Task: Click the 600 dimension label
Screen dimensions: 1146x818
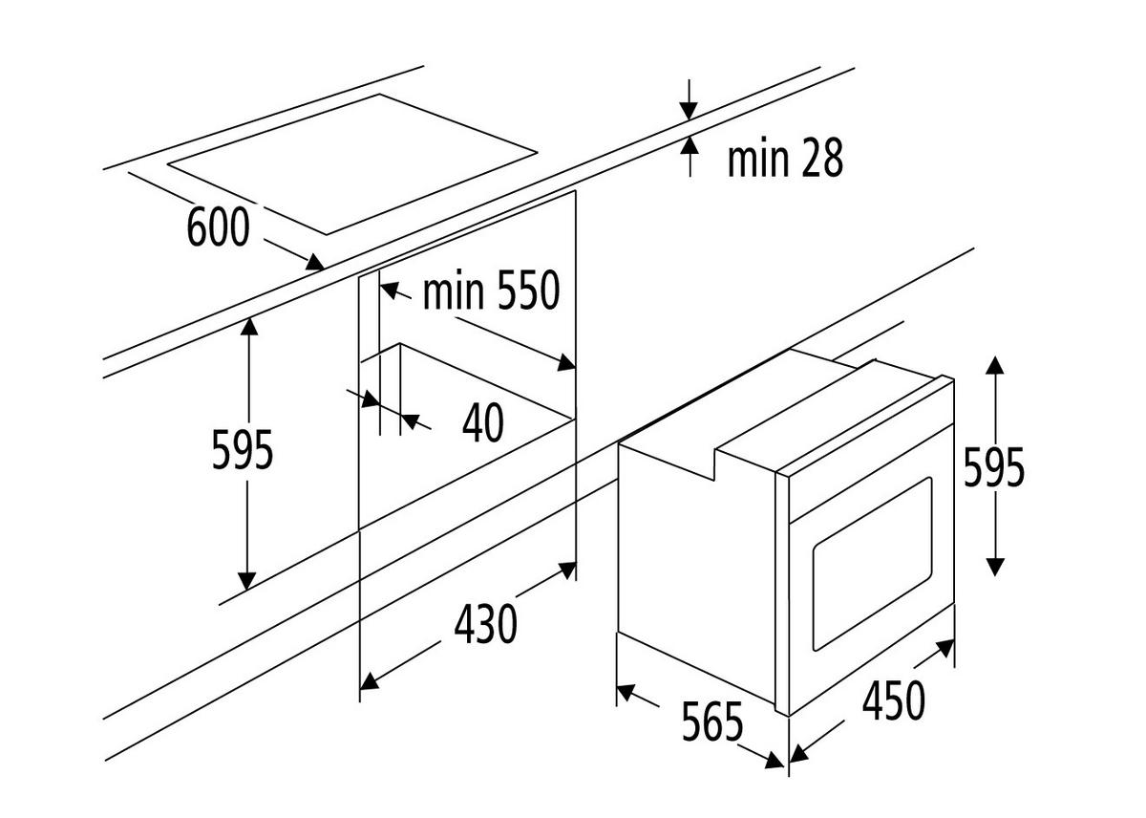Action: (x=219, y=226)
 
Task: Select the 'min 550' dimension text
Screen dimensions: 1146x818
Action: (x=492, y=290)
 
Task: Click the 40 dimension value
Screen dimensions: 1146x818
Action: (x=483, y=422)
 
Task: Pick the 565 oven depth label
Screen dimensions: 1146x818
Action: (x=712, y=721)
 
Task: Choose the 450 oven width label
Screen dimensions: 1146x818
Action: (x=894, y=700)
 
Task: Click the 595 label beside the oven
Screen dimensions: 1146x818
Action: (x=994, y=466)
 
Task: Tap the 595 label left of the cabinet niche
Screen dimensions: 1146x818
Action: (x=243, y=450)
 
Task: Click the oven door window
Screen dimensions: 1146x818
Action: (x=872, y=564)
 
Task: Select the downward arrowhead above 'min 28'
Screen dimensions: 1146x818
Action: (x=689, y=111)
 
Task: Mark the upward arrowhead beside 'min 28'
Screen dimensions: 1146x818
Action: (x=690, y=145)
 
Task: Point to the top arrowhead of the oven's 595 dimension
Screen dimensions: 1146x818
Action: (x=994, y=365)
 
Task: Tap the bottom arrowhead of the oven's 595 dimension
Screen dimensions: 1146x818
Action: (x=994, y=567)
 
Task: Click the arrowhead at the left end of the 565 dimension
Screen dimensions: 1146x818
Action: (x=626, y=693)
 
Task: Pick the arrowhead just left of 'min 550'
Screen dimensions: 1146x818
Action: (x=390, y=291)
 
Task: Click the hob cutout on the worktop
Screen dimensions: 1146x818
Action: (x=352, y=164)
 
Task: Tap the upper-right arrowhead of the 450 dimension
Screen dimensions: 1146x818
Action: (x=945, y=648)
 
